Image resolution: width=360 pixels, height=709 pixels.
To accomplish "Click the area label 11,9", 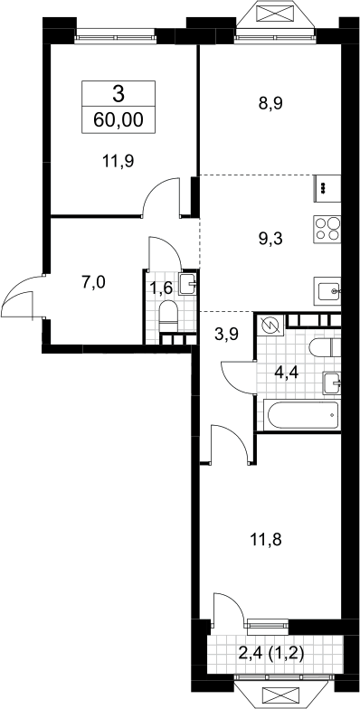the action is point(118,161).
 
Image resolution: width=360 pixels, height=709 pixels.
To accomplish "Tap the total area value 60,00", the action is point(118,120).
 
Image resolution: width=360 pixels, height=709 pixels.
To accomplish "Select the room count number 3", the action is point(118,95).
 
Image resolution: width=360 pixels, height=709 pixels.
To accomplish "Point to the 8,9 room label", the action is point(270,103).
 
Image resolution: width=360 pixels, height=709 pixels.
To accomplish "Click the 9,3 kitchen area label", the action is point(270,239).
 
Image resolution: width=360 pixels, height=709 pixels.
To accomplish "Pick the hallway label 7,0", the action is point(94,282).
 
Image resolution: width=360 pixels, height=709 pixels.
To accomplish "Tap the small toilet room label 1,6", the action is point(161,288).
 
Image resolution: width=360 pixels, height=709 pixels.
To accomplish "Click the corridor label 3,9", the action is point(226,334).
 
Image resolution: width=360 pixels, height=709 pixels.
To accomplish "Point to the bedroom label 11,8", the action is point(266,539).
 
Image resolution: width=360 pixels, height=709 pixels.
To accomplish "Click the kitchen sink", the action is point(327,289).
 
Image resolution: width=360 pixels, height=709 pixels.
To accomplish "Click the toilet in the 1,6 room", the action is point(168,317).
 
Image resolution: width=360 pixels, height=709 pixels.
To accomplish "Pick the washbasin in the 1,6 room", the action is point(188,284).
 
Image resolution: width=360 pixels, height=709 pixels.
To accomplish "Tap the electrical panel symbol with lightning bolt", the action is point(270,325).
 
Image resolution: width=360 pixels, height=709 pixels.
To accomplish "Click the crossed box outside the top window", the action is point(275,14).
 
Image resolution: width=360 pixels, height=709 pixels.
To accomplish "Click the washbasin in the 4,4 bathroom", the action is point(333,383).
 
